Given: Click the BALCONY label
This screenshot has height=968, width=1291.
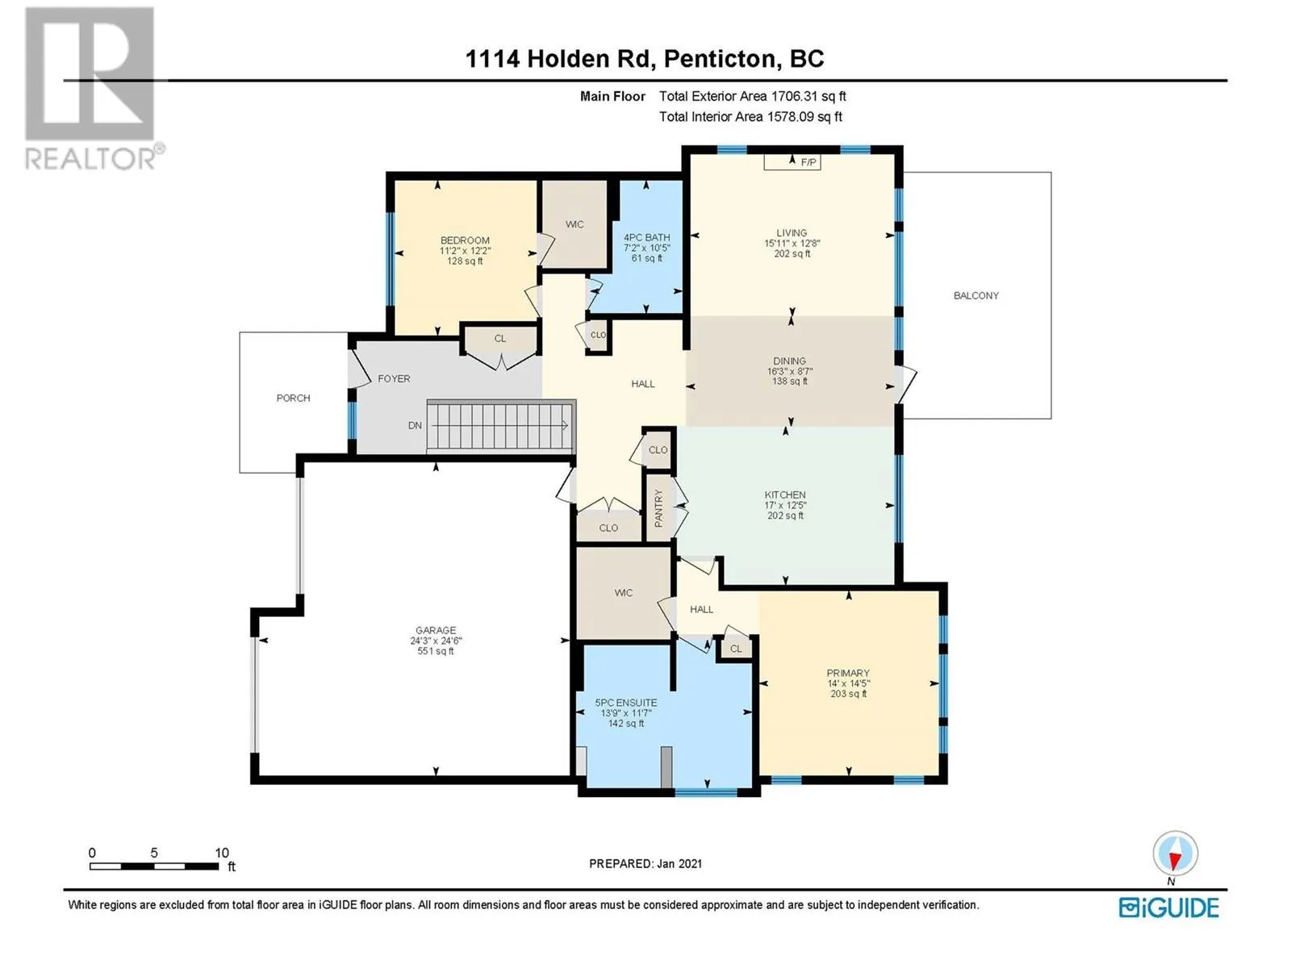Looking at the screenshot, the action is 976,295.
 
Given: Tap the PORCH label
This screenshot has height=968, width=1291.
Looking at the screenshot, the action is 293,398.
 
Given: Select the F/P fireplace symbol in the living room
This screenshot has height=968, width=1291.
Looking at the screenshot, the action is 792,161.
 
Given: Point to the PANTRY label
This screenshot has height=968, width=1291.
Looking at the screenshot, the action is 658,508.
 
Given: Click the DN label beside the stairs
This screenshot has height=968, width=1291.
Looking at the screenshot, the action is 415,426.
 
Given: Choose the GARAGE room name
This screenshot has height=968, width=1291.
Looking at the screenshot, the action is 435,630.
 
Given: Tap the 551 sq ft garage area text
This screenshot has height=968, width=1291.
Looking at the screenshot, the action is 435,651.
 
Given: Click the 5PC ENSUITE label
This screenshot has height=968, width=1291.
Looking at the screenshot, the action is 626,703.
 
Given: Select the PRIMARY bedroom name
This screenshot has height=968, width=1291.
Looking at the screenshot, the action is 847,673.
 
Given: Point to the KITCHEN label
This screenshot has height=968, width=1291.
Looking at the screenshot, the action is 784,494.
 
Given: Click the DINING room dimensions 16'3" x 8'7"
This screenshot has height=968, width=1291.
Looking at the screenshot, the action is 789,371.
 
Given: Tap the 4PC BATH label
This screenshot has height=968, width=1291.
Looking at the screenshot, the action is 646,237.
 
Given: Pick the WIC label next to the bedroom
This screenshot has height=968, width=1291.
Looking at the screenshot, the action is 574,224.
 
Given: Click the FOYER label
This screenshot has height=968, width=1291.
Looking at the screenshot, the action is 394,378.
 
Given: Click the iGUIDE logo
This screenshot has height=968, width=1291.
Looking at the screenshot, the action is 1168,907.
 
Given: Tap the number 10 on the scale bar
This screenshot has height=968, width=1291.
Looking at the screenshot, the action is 222,853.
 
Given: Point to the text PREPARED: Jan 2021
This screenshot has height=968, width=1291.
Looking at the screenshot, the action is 645,863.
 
